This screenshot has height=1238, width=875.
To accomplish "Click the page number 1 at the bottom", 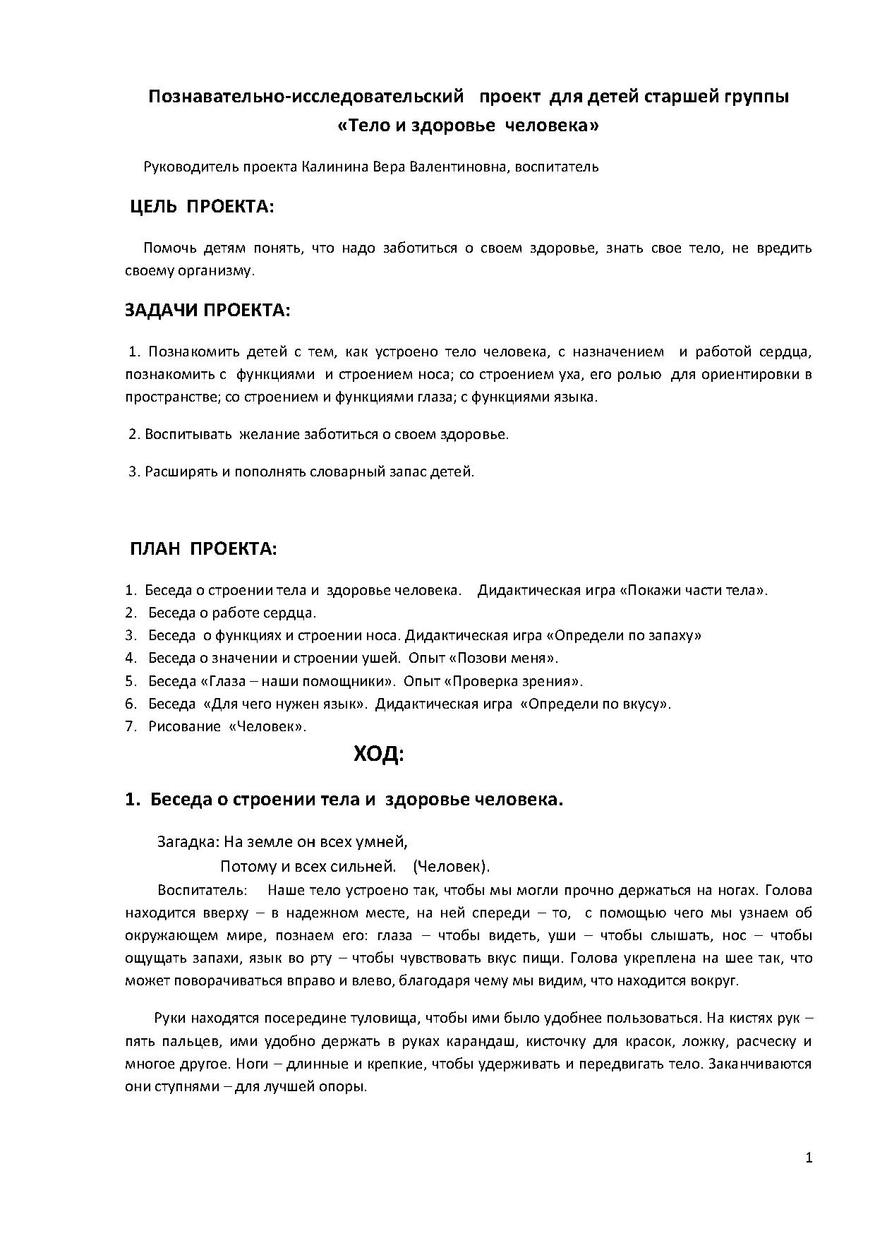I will click(x=809, y=1158).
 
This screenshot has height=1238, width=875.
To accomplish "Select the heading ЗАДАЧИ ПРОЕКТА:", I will click(x=207, y=311).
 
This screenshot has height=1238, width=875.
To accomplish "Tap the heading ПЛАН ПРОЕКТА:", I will click(x=203, y=549).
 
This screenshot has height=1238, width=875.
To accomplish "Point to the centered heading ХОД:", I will click(x=378, y=755).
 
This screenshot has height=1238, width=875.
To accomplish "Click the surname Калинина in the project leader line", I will click(x=330, y=167).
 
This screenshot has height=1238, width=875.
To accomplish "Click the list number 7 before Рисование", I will click(x=130, y=726).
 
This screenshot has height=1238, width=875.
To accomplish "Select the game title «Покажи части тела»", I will click(x=693, y=590).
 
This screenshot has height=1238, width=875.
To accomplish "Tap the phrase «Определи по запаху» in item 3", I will click(x=624, y=635).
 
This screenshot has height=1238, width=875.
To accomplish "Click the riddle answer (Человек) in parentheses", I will click(x=452, y=866).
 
